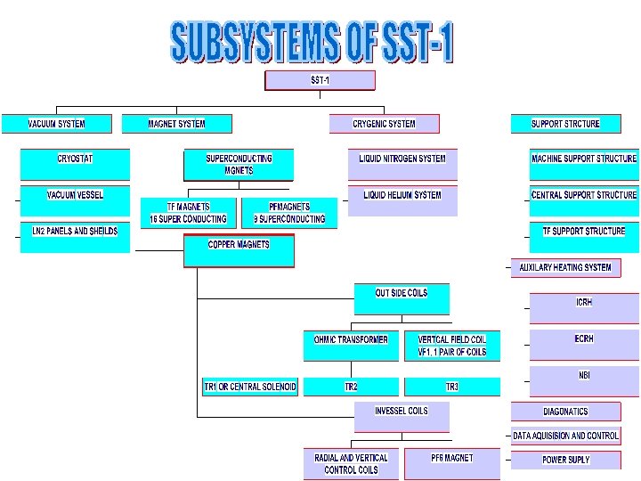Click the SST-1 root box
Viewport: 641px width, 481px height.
pos(320,81)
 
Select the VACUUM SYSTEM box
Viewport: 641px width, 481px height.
pos(57,124)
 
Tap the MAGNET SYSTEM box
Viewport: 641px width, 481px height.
pos(177,124)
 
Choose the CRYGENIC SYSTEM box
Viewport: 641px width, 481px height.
pos(384,124)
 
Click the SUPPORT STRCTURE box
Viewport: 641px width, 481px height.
pos(565,124)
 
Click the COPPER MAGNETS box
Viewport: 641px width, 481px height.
pos(239,250)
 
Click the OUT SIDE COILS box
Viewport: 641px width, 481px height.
pos(402,298)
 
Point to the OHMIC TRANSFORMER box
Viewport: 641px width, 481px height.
pos(351,346)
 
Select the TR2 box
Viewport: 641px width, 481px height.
pos(351,387)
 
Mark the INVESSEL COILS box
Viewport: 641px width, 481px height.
pos(402,416)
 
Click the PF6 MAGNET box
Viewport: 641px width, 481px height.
pos(452,463)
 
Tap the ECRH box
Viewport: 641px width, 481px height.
pos(584,344)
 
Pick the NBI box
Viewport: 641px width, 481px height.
pos(584,380)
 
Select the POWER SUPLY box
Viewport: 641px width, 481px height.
pos(566,460)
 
